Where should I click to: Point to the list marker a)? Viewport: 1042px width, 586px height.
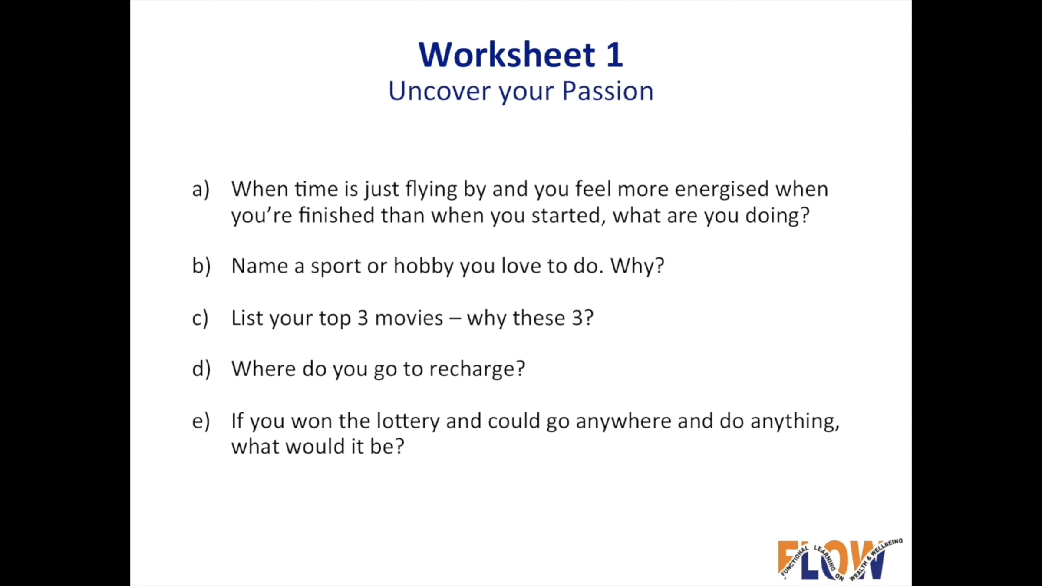point(201,189)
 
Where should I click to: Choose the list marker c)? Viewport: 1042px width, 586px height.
point(200,318)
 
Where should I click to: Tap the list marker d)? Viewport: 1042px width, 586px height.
point(201,369)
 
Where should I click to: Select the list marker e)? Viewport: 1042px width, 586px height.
point(201,421)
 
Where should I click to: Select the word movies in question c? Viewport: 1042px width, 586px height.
point(409,318)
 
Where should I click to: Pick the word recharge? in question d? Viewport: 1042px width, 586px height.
point(477,369)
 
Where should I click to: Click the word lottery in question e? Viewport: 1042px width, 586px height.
point(408,421)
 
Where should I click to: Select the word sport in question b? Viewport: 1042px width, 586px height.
point(336,266)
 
